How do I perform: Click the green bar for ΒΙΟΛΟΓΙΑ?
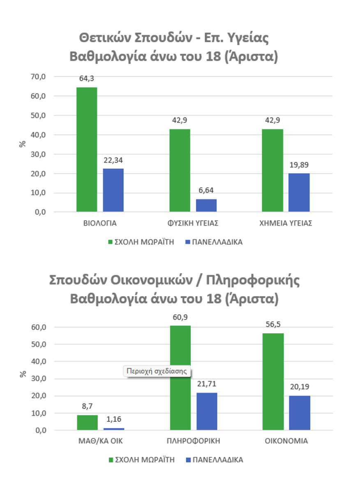(x=87, y=150)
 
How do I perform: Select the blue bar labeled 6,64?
(x=206, y=205)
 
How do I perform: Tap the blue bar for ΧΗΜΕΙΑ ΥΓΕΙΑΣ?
(x=299, y=193)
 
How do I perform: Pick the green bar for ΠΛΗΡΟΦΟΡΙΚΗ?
(x=180, y=378)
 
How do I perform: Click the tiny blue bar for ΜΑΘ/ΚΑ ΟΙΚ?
(x=114, y=429)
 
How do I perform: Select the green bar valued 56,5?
(x=273, y=381)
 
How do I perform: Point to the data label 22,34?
(x=113, y=160)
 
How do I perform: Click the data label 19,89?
(x=299, y=165)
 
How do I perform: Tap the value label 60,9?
(x=180, y=317)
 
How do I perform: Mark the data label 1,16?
(x=114, y=419)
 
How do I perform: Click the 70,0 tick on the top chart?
(x=38, y=76)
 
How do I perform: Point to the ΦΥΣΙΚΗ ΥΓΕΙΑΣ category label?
(x=193, y=223)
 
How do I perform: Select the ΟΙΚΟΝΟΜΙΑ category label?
(x=286, y=441)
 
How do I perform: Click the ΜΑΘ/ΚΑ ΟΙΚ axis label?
(x=101, y=441)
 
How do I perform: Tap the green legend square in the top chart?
(x=110, y=242)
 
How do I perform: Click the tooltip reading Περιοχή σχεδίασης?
(x=157, y=371)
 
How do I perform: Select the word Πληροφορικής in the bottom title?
(x=253, y=280)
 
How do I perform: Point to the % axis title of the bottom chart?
(x=23, y=374)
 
